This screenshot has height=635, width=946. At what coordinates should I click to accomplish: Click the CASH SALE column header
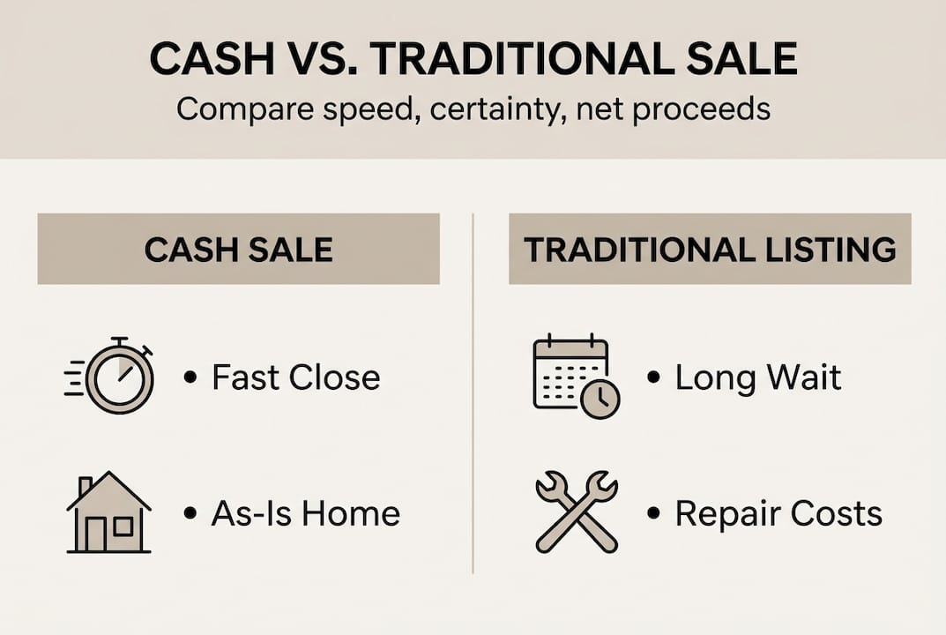(x=238, y=250)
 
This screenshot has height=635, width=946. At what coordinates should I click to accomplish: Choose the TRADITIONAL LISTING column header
(x=710, y=250)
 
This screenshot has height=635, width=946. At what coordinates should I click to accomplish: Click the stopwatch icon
(x=109, y=375)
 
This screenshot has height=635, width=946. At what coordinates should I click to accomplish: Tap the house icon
(x=108, y=512)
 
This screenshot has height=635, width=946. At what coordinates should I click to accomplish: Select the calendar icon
(x=577, y=376)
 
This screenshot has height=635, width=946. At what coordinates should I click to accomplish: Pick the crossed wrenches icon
(x=577, y=512)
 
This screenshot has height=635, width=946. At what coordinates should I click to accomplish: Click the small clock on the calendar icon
(x=600, y=399)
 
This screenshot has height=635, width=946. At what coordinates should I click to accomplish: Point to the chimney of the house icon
(x=85, y=485)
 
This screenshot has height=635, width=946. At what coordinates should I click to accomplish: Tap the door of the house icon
(x=96, y=534)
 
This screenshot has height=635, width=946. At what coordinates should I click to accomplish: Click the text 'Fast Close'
(x=296, y=377)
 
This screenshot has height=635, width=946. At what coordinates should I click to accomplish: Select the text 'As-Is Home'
(x=306, y=513)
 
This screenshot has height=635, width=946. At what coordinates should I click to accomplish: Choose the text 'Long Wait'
(x=757, y=377)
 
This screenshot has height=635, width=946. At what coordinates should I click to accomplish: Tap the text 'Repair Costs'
(x=778, y=514)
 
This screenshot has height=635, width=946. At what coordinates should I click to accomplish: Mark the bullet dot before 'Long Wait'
(x=652, y=377)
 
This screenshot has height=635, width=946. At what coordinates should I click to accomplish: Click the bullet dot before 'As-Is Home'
(x=190, y=513)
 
